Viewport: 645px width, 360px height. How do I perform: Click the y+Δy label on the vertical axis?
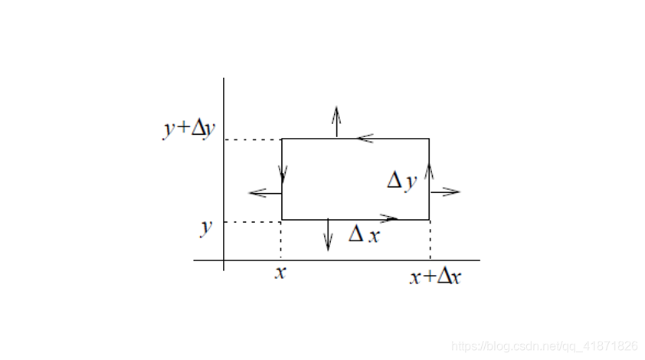click(x=188, y=129)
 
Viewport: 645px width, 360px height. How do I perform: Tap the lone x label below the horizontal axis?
click(x=280, y=272)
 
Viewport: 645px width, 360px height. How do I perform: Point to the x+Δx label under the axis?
click(x=435, y=277)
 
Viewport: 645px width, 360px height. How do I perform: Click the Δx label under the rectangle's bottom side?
click(x=364, y=234)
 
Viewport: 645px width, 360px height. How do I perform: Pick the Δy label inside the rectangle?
click(x=401, y=181)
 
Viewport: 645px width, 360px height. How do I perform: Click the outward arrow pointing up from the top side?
click(x=336, y=121)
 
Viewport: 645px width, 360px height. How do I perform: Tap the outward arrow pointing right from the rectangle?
click(x=445, y=191)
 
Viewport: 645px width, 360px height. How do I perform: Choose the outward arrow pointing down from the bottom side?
click(x=328, y=236)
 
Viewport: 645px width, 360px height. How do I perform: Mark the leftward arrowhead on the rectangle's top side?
click(x=365, y=139)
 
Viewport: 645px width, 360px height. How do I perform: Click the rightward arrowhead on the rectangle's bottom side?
click(x=391, y=219)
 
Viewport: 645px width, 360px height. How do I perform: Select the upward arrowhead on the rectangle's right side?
click(x=429, y=169)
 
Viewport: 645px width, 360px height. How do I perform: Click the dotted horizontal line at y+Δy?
click(x=253, y=139)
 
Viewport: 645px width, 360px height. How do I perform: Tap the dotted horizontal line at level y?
click(x=253, y=222)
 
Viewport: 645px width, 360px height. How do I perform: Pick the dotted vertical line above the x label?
click(x=281, y=241)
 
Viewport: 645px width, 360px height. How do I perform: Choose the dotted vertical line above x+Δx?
click(x=430, y=241)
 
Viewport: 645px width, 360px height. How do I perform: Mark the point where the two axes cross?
click(x=224, y=260)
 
